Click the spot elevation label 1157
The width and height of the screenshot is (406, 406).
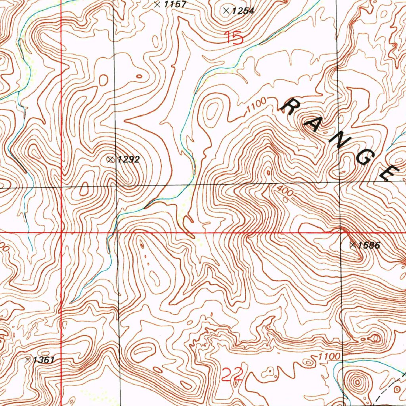click(x=175, y=5)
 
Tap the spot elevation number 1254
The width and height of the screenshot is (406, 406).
click(x=243, y=11)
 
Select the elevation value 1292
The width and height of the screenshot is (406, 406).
click(x=128, y=160)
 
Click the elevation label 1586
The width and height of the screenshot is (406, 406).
click(x=369, y=245)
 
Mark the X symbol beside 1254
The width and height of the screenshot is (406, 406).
click(x=226, y=11)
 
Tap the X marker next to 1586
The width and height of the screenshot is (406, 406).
click(x=352, y=245)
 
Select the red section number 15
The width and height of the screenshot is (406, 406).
click(x=234, y=38)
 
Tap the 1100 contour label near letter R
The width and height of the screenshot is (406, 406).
click(x=255, y=106)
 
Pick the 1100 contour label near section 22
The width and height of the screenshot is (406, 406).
click(x=329, y=357)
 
